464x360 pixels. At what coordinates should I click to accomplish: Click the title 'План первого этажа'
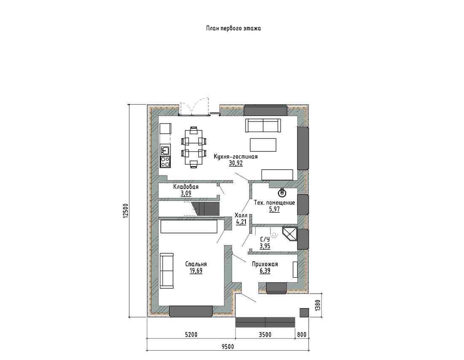tap(233, 29)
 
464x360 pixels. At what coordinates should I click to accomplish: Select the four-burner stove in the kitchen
tap(165, 162)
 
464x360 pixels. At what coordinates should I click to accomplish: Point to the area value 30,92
tap(235, 163)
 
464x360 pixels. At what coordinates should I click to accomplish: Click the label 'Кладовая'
tap(186, 187)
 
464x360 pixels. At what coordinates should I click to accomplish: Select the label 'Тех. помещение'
tap(275, 203)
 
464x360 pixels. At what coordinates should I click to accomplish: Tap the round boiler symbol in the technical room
tap(282, 193)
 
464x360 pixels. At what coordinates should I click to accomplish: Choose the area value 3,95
tap(265, 246)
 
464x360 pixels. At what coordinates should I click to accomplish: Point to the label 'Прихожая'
tap(265, 264)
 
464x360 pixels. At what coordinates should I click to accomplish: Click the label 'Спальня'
tap(196, 264)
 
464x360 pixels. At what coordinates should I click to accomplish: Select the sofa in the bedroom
tap(167, 270)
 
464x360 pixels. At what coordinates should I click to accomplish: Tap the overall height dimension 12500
tap(125, 211)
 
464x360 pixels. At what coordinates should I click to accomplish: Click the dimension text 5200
tap(191, 335)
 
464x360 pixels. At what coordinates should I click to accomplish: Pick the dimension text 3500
tap(265, 335)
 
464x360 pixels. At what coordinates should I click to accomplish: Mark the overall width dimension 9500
tap(227, 346)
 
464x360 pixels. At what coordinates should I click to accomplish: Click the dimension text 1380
tap(318, 306)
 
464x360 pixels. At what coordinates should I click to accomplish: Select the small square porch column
tap(304, 313)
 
